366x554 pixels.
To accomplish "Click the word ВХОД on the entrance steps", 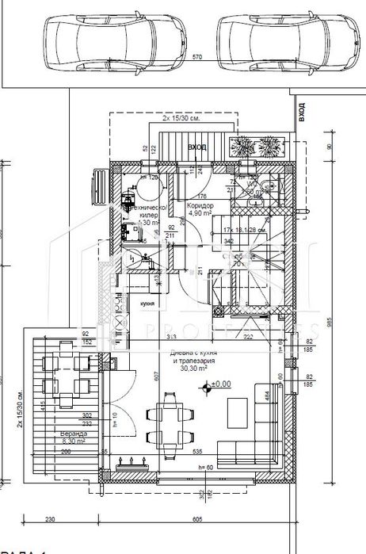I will (x=197, y=147).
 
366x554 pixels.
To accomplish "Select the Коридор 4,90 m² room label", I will (x=199, y=209).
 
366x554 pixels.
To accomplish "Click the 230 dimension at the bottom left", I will (x=49, y=520).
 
